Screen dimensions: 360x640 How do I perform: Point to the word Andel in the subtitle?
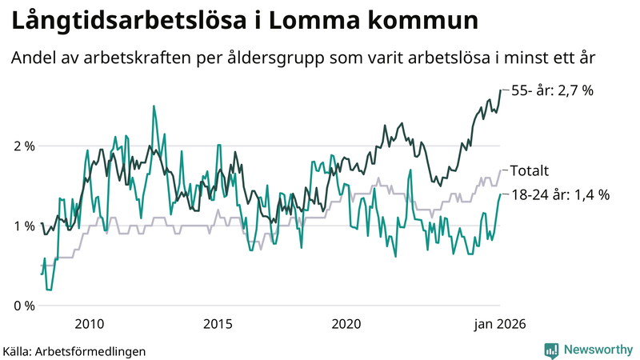coord(33,59)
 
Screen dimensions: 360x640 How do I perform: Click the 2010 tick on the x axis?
coord(89,324)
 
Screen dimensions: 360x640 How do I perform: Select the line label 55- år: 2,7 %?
coord(552,90)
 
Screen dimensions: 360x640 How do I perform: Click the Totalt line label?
coord(529,170)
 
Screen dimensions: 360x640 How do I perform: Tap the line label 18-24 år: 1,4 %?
coord(560,194)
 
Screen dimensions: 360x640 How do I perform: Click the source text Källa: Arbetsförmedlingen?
coord(74,350)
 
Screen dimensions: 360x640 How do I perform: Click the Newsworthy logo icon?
coord(551,350)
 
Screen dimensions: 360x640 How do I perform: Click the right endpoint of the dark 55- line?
coord(501,90)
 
